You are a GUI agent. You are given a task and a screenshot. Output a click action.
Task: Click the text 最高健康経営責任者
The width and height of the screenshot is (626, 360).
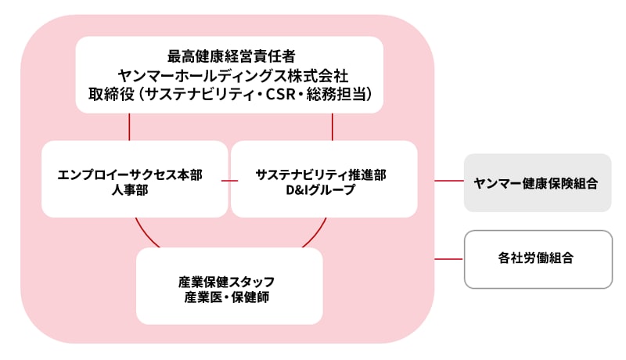229,56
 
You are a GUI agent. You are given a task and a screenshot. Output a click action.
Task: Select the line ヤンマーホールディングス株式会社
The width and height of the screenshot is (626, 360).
229,75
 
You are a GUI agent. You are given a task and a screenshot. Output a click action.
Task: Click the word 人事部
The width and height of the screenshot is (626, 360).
130,190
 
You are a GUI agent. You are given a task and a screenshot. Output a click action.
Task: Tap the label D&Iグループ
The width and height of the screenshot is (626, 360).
321,190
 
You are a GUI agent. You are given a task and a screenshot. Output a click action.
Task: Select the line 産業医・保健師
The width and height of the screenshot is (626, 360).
229,297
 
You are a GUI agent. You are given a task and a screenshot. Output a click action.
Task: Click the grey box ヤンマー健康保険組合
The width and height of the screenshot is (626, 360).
537,182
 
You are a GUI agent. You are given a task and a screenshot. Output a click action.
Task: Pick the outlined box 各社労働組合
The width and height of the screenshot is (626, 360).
537,258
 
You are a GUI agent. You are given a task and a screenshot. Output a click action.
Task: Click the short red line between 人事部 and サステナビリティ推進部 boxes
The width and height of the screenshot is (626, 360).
229,181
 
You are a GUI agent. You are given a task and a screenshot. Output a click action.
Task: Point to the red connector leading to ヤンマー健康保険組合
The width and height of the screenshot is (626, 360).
449,182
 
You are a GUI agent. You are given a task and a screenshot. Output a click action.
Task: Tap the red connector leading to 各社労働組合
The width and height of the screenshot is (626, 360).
449,258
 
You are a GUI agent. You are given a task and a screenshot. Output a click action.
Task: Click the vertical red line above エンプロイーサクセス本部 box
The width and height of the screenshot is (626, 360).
129,127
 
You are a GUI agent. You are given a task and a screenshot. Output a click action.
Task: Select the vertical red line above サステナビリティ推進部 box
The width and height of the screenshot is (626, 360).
333,127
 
